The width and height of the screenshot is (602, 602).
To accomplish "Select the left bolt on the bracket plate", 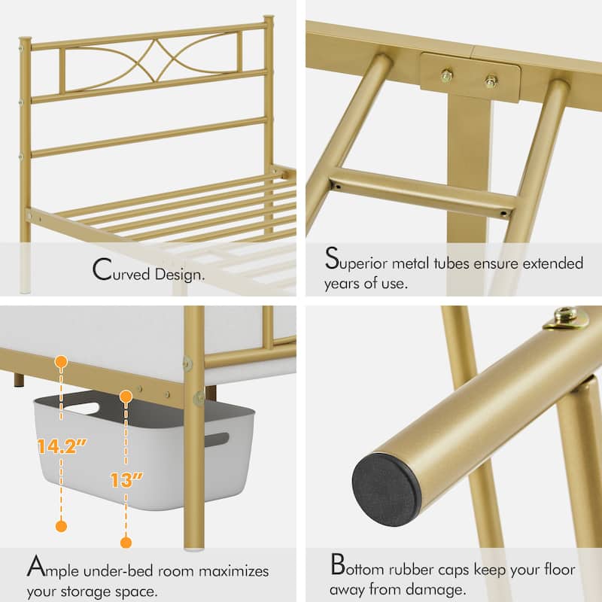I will [447, 74].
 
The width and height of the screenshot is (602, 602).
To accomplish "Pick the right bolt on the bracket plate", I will [492, 81].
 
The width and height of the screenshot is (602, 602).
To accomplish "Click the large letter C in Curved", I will [103, 271].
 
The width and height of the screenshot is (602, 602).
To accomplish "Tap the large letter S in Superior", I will [332, 260].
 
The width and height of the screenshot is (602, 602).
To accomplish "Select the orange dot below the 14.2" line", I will [62, 526].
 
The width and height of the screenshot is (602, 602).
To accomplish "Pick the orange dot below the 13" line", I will [126, 542].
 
